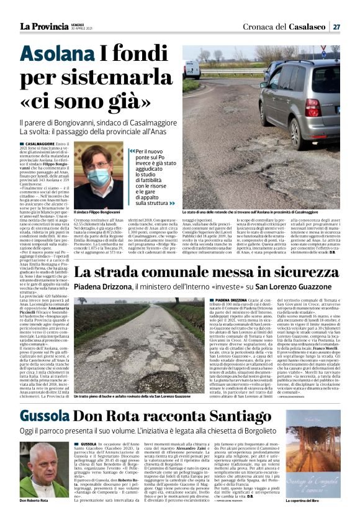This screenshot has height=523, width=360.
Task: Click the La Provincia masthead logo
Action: pyautogui.click(x=42, y=26)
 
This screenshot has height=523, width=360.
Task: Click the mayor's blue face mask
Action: pyautogui.click(x=98, y=175)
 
